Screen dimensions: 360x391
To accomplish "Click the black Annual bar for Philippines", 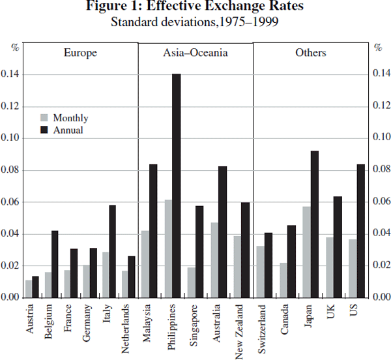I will pyautogui.click(x=176, y=186).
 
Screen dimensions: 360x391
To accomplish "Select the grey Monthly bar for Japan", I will pyautogui.click(x=306, y=252).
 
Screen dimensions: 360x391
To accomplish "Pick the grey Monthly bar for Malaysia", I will pyautogui.click(x=145, y=263).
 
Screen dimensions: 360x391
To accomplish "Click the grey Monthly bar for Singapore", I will pyautogui.click(x=192, y=282).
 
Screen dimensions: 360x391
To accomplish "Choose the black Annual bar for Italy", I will pyautogui.click(x=112, y=251).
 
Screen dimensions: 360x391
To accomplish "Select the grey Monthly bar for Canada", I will pyautogui.click(x=283, y=280).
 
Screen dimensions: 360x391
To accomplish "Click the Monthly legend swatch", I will pyautogui.click(x=44, y=118).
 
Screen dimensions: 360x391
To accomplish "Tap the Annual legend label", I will pyautogui.click(x=68, y=130).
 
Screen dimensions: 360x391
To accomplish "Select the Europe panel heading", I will pyautogui.click(x=80, y=53).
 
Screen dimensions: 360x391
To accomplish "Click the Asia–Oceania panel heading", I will pyautogui.click(x=195, y=53).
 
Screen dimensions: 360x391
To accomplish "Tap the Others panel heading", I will pyautogui.click(x=310, y=53).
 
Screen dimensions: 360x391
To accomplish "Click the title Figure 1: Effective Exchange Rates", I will pyautogui.click(x=195, y=7).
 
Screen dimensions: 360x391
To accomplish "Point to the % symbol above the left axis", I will pyautogui.click(x=16, y=47).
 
